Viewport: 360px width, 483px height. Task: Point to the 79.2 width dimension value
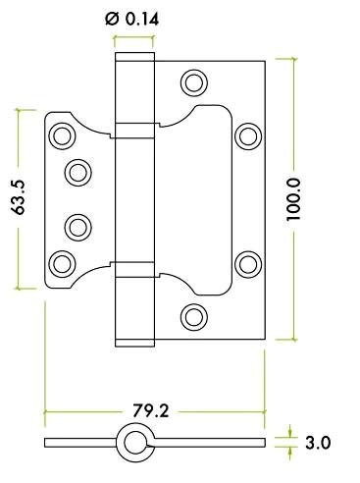[150, 410]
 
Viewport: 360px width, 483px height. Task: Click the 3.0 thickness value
[317, 443]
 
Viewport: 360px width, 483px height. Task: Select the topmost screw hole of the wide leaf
[195, 80]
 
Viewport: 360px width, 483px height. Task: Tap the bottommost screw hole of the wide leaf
[195, 316]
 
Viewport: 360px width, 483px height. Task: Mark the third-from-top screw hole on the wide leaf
[248, 262]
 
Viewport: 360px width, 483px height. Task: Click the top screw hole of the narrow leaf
[64, 135]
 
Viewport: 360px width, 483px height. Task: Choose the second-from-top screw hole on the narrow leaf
[77, 173]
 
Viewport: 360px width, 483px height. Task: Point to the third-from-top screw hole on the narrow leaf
[77, 226]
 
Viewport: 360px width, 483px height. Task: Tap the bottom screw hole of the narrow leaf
[64, 262]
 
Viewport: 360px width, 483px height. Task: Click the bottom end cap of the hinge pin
[134, 341]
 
